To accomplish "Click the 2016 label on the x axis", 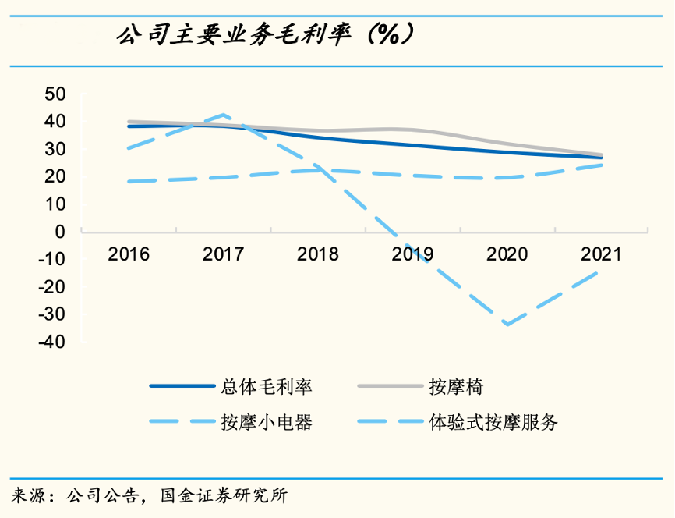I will click(129, 254).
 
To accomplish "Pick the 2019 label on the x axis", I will click(412, 254).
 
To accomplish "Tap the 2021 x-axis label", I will click(601, 254).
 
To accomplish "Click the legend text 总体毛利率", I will click(266, 385).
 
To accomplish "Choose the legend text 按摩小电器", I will click(266, 422).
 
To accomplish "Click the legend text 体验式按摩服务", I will click(493, 422).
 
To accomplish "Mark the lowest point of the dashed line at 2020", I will click(507, 325).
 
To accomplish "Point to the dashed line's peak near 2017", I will click(224, 115).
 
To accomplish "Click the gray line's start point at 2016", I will click(129, 122).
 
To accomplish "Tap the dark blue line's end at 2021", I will click(601, 158).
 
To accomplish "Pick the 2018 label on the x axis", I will click(318, 254).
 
